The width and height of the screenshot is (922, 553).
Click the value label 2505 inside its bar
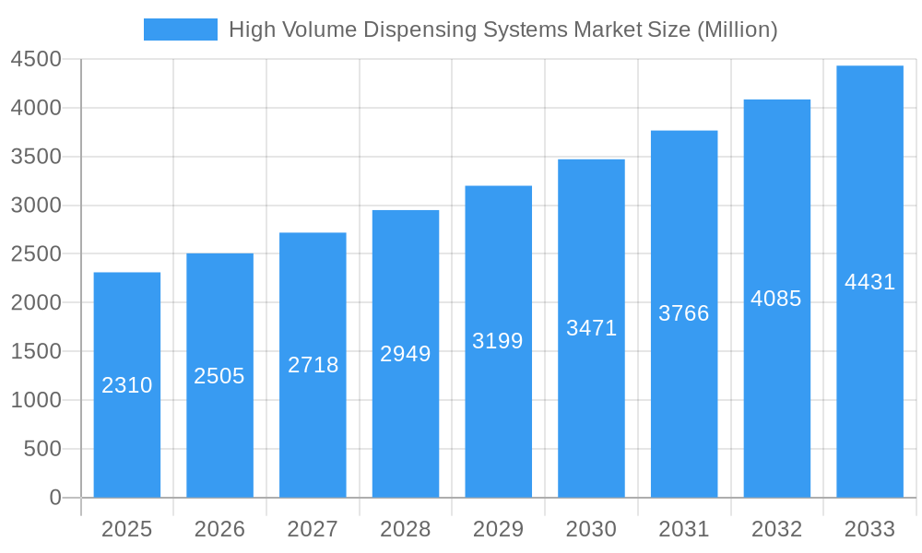[x=219, y=376]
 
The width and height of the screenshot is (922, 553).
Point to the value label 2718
[x=313, y=365]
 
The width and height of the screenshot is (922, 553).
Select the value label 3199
[x=498, y=341]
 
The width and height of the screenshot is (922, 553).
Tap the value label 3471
[x=591, y=328]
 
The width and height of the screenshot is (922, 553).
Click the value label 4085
[x=776, y=299]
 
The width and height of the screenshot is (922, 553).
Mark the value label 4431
[x=869, y=282]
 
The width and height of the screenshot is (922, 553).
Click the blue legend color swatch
[x=181, y=29]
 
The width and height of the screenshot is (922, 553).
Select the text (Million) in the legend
[x=737, y=29]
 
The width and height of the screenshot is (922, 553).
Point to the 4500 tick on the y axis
[x=36, y=60]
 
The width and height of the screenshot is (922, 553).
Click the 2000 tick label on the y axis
[x=36, y=303]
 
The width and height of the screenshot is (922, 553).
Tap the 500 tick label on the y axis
[x=42, y=449]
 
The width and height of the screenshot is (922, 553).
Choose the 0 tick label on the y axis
[x=55, y=498]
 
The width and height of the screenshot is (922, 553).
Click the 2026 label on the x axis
[x=219, y=529]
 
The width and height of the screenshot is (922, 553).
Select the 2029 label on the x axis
[x=498, y=529]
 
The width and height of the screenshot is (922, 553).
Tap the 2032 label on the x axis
[x=776, y=529]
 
